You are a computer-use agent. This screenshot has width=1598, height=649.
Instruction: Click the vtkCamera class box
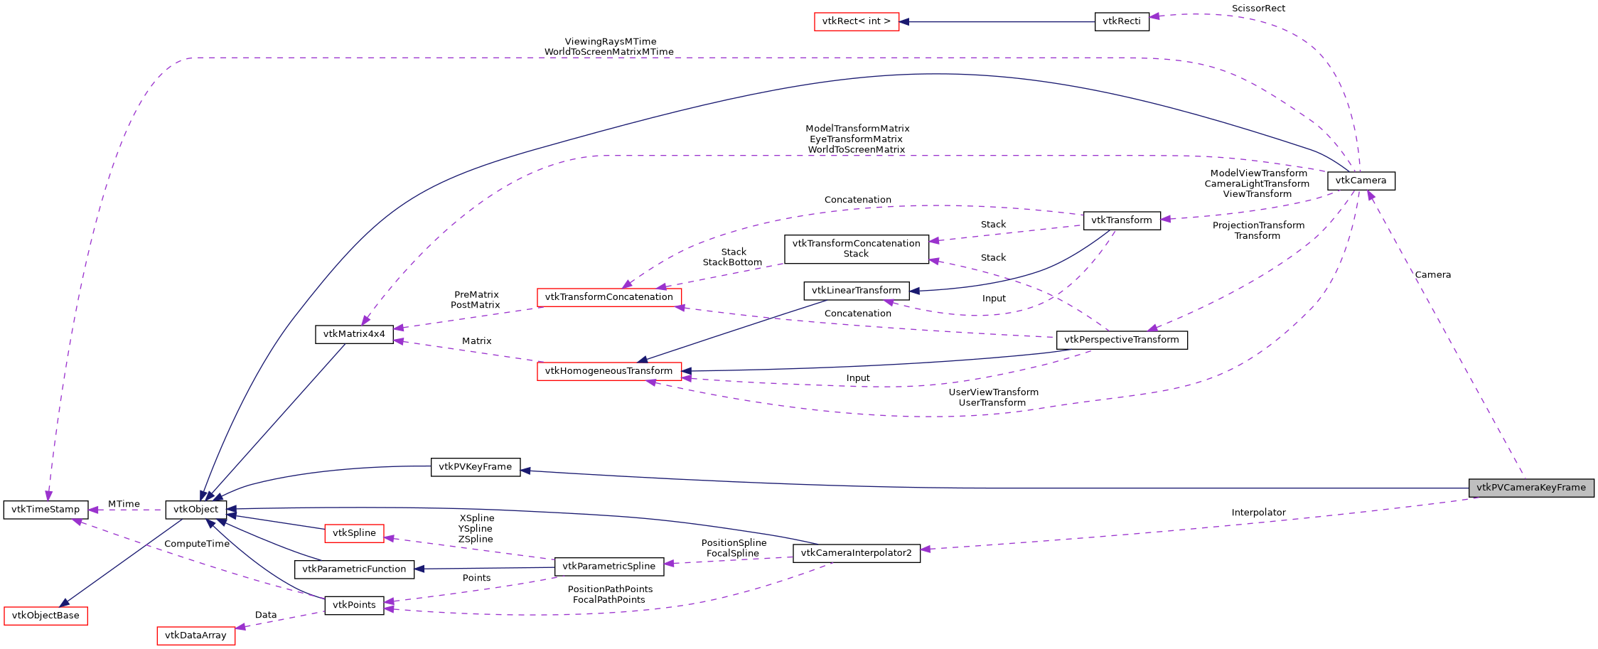click(1361, 181)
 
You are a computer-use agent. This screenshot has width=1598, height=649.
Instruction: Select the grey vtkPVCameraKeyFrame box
click(1530, 488)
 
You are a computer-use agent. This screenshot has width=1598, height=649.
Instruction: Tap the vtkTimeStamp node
click(45, 510)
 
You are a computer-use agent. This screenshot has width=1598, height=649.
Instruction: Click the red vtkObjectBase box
click(45, 616)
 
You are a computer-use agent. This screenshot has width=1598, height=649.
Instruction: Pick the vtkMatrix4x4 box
click(354, 334)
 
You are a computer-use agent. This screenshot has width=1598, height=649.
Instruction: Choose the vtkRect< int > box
click(856, 21)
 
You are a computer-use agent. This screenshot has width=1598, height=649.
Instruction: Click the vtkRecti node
click(1121, 21)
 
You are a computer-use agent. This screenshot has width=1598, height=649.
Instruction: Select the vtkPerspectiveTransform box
click(1121, 340)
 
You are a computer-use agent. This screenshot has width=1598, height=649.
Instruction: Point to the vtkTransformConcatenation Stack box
click(856, 249)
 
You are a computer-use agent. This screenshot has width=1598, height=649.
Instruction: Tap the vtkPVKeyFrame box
click(475, 467)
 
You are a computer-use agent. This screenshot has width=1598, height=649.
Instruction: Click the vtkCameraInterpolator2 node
click(856, 553)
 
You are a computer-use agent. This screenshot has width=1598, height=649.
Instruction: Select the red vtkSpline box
click(354, 533)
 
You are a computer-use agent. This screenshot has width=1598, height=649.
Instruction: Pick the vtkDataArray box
click(195, 635)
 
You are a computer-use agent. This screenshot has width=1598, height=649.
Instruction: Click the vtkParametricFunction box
click(354, 569)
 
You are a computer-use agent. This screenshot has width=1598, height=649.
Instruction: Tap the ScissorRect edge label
click(1258, 9)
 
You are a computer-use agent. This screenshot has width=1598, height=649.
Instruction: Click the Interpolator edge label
click(1258, 513)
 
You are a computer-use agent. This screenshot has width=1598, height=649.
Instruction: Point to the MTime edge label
click(124, 504)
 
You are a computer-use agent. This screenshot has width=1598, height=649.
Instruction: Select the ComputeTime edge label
click(197, 544)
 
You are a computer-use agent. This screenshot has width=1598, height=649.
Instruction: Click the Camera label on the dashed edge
click(1432, 275)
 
